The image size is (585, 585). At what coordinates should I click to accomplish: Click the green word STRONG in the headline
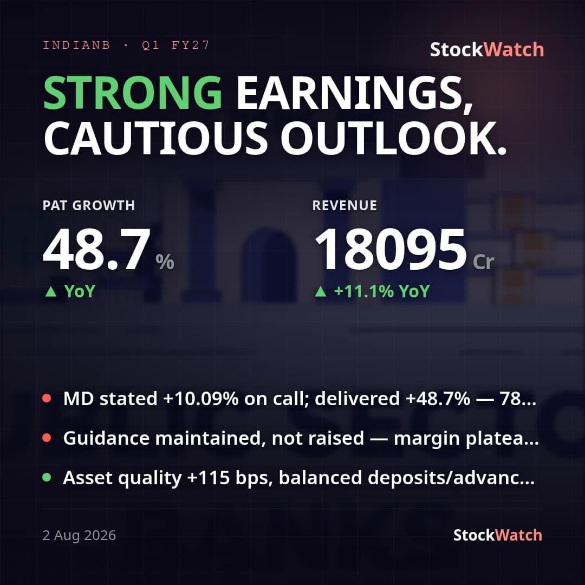point(133,93)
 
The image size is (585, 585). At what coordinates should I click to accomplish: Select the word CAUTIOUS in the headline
point(156,139)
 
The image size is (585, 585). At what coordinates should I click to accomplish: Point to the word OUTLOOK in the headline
point(393,139)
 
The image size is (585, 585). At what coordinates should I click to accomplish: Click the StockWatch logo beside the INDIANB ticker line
point(487,50)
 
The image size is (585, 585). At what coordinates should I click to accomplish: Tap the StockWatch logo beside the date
point(497,535)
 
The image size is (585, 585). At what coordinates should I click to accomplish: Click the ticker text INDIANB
point(76,45)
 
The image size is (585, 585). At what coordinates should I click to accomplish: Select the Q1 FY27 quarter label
point(175,45)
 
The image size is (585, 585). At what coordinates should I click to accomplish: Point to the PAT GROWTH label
point(89,206)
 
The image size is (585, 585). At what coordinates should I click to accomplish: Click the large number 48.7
point(96,250)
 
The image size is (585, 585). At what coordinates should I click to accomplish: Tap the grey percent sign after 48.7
point(165,262)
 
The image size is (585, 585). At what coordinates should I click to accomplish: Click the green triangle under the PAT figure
point(51,291)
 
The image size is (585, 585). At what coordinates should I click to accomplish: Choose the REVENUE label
point(344,206)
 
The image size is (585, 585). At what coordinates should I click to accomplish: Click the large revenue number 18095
point(391,250)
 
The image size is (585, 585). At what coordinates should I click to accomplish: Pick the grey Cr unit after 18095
point(483,262)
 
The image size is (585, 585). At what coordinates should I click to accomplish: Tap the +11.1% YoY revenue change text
point(382,291)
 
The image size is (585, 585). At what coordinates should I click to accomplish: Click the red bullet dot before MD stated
point(47,398)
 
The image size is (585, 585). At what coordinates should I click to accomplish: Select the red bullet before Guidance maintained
point(47,438)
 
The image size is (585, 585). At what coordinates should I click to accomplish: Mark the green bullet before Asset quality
point(47,477)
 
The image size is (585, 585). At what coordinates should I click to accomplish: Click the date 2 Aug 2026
point(79,535)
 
